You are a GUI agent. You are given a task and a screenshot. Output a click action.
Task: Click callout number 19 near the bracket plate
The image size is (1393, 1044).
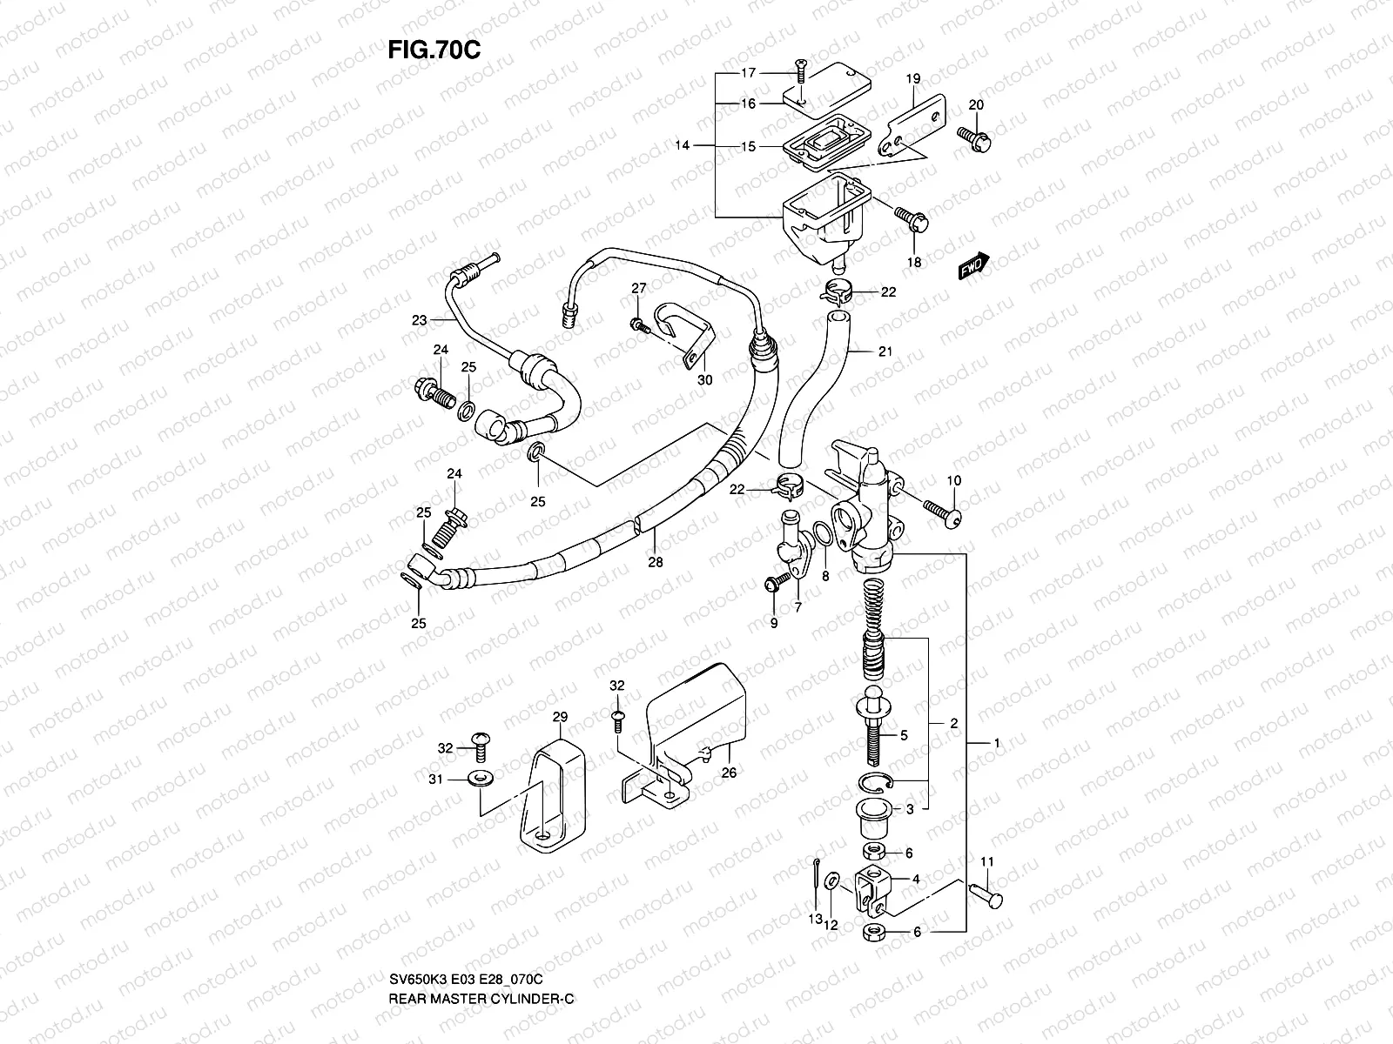(x=912, y=79)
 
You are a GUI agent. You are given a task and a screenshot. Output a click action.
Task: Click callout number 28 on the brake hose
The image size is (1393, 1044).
(x=655, y=562)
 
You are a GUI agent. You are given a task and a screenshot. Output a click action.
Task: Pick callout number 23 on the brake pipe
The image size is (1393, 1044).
(x=420, y=320)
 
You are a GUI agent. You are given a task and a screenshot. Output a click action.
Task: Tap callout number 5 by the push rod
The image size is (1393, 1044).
(x=904, y=735)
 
